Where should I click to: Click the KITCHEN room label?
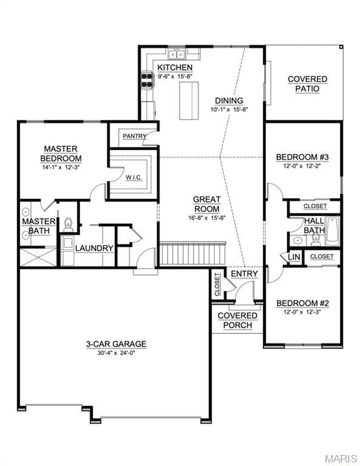click(x=175, y=67)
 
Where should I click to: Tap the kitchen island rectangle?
click(x=189, y=101)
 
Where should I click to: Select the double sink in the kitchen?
click(x=177, y=55)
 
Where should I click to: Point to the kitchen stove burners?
click(x=147, y=81)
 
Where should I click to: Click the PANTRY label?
click(x=135, y=136)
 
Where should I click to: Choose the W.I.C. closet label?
click(x=134, y=177)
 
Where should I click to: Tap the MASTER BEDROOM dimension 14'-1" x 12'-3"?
click(x=61, y=167)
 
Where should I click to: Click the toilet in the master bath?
click(x=69, y=225)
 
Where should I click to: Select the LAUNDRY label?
click(x=94, y=248)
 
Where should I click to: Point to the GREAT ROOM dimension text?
click(x=207, y=218)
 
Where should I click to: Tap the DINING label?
click(x=229, y=101)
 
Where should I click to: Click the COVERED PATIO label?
click(x=307, y=84)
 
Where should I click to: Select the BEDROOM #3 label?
click(x=302, y=157)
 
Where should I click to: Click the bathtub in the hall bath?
click(x=333, y=231)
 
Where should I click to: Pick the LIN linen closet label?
click(x=294, y=257)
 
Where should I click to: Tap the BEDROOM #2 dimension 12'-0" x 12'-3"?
click(x=302, y=312)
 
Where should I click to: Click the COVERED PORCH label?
click(x=237, y=320)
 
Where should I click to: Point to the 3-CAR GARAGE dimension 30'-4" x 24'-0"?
click(x=117, y=353)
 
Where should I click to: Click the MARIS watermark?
click(x=341, y=458)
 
